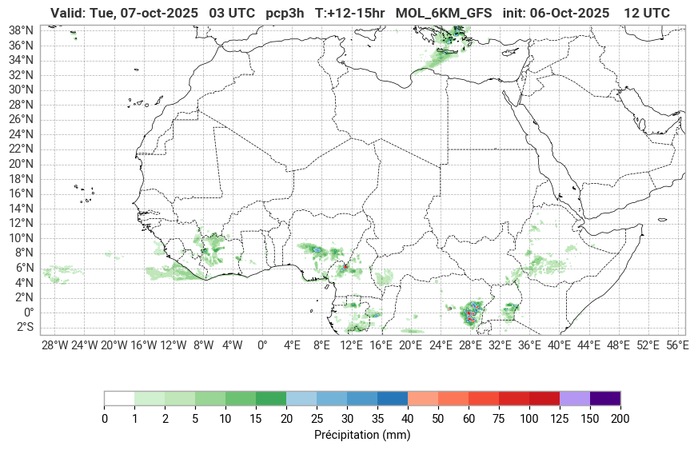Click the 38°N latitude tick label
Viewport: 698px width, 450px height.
(x=20, y=30)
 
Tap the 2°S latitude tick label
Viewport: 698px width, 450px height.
(x=22, y=327)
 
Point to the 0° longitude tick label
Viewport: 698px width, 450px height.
(x=261, y=345)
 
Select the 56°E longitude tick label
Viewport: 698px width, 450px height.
(x=678, y=345)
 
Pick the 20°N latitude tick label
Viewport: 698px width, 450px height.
(x=20, y=164)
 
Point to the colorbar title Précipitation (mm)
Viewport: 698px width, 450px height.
(x=362, y=436)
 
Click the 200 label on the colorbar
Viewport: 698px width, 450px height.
(x=620, y=419)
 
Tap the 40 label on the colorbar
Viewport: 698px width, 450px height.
(x=408, y=419)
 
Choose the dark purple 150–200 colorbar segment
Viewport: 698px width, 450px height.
(x=605, y=398)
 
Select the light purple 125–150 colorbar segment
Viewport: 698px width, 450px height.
(x=575, y=398)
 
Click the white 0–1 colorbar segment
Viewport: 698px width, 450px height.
(x=119, y=398)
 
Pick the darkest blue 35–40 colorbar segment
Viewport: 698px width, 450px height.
(x=393, y=398)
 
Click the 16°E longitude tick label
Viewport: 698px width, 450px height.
(x=381, y=345)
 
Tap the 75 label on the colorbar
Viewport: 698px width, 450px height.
(x=499, y=419)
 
